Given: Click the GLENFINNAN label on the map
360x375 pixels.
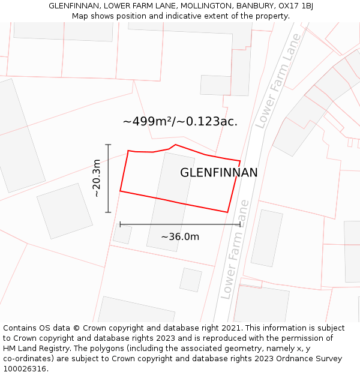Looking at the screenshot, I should click(219, 173).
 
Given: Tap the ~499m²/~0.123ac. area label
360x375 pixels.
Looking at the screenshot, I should click(180, 121).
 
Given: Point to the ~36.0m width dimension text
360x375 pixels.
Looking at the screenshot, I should click(180, 236).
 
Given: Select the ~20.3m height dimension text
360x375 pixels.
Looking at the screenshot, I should click(97, 178).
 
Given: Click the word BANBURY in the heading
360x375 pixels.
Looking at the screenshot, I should click(257, 6).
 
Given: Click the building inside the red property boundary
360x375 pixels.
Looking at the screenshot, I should click(170, 201).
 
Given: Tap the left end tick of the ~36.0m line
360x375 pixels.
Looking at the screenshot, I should click(121, 224).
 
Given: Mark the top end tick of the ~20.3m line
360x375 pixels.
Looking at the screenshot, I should click(108, 145).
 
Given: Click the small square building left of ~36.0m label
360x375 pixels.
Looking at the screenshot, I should click(122, 234).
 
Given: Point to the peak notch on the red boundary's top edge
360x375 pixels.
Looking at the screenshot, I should click(175, 145).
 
